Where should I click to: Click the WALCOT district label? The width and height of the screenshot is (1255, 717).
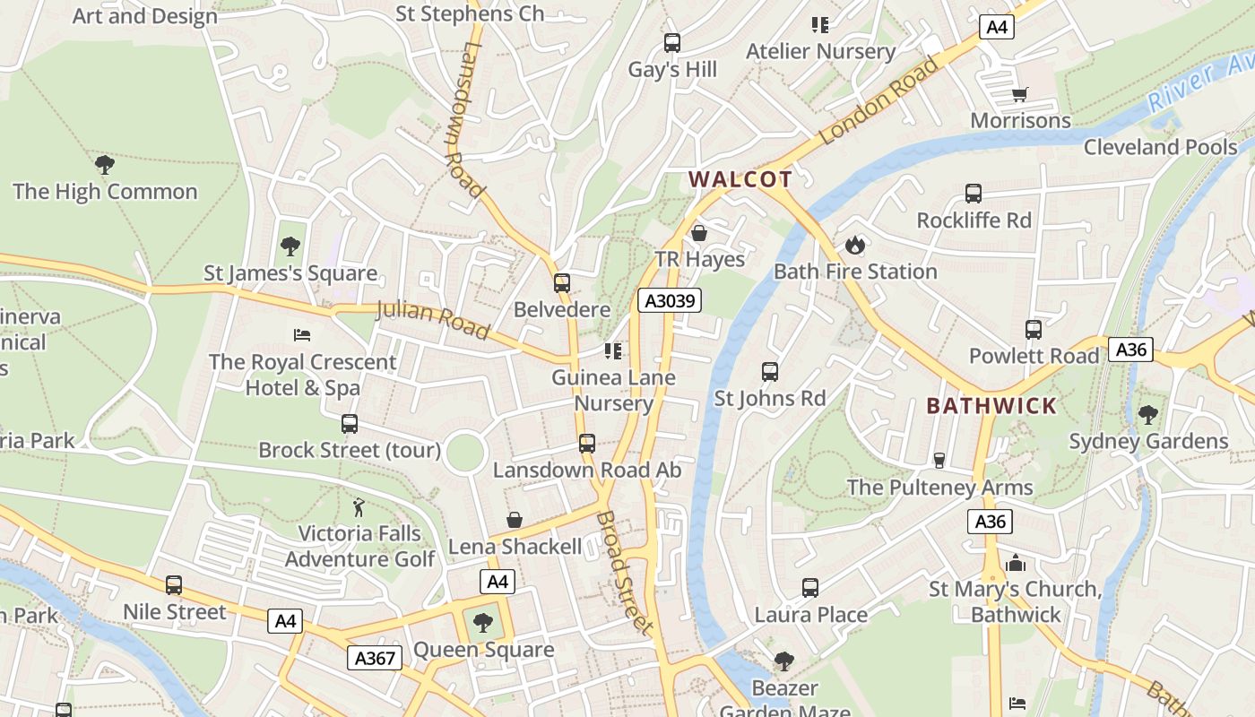click(740, 179)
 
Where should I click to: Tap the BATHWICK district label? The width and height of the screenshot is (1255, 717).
click(991, 406)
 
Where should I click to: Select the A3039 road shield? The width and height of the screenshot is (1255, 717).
click(670, 300)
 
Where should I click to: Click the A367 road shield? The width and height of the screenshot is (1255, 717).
click(374, 658)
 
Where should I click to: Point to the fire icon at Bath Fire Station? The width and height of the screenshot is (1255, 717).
click(855, 245)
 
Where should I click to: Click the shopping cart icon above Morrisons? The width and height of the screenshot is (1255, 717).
click(1019, 94)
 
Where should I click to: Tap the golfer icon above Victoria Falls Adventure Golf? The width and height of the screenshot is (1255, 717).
click(359, 507)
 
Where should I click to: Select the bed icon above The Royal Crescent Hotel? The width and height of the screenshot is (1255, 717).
click(302, 335)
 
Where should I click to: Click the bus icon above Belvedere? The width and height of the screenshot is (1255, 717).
click(562, 283)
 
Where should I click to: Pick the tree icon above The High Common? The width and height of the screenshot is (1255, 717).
click(105, 165)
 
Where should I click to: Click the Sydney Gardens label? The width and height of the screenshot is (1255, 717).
click(1148, 441)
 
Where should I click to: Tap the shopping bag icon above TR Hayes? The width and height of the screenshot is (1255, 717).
click(699, 233)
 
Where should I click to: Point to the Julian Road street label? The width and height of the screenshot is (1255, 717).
click(433, 320)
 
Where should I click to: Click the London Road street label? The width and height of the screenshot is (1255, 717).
click(878, 100)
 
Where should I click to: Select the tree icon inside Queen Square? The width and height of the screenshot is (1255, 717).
click(483, 621)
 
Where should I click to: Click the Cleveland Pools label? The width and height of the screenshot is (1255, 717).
click(1160, 147)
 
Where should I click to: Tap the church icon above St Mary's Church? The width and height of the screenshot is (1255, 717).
click(1016, 563)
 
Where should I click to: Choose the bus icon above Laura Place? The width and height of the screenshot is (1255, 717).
click(810, 588)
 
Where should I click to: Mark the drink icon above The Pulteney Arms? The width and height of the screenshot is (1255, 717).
click(939, 461)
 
